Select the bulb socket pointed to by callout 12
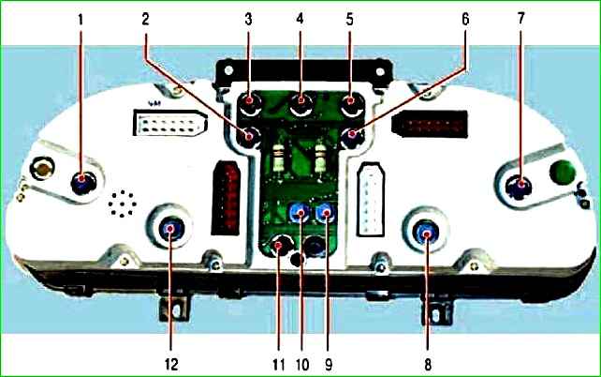pos(172,229)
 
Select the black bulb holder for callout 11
pos(280,247)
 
